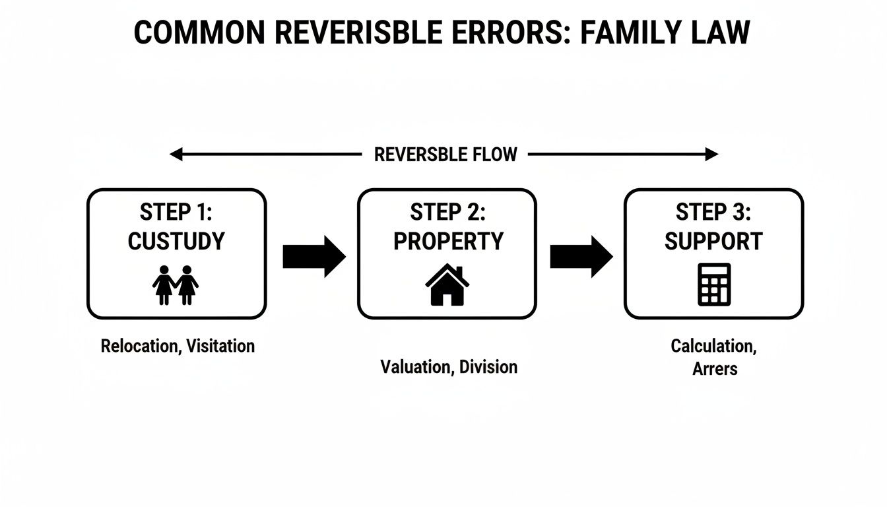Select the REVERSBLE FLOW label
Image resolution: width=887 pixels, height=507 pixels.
[x=445, y=154]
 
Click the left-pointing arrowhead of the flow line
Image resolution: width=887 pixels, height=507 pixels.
[x=176, y=154]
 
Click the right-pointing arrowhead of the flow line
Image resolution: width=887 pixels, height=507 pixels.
[x=711, y=154]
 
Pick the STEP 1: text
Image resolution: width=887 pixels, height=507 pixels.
[x=176, y=213]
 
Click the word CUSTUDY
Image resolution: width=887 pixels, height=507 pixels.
[x=176, y=241]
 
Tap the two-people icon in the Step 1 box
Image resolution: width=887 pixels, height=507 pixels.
[x=176, y=285]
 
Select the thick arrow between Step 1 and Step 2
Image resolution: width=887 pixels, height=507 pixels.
[x=313, y=256]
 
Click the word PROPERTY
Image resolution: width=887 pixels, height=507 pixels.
[x=448, y=241]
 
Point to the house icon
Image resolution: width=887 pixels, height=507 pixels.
[x=447, y=285]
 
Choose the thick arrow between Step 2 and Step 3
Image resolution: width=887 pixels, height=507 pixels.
[x=581, y=256]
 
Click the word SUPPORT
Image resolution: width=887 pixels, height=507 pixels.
[x=713, y=241]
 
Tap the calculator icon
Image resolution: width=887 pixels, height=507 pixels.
[x=714, y=285]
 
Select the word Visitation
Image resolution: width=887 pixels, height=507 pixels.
[x=220, y=346]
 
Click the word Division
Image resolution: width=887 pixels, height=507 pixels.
[x=488, y=367]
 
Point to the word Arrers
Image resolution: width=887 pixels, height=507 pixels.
[x=714, y=369]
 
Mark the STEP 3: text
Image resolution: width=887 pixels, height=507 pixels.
[x=713, y=213]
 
